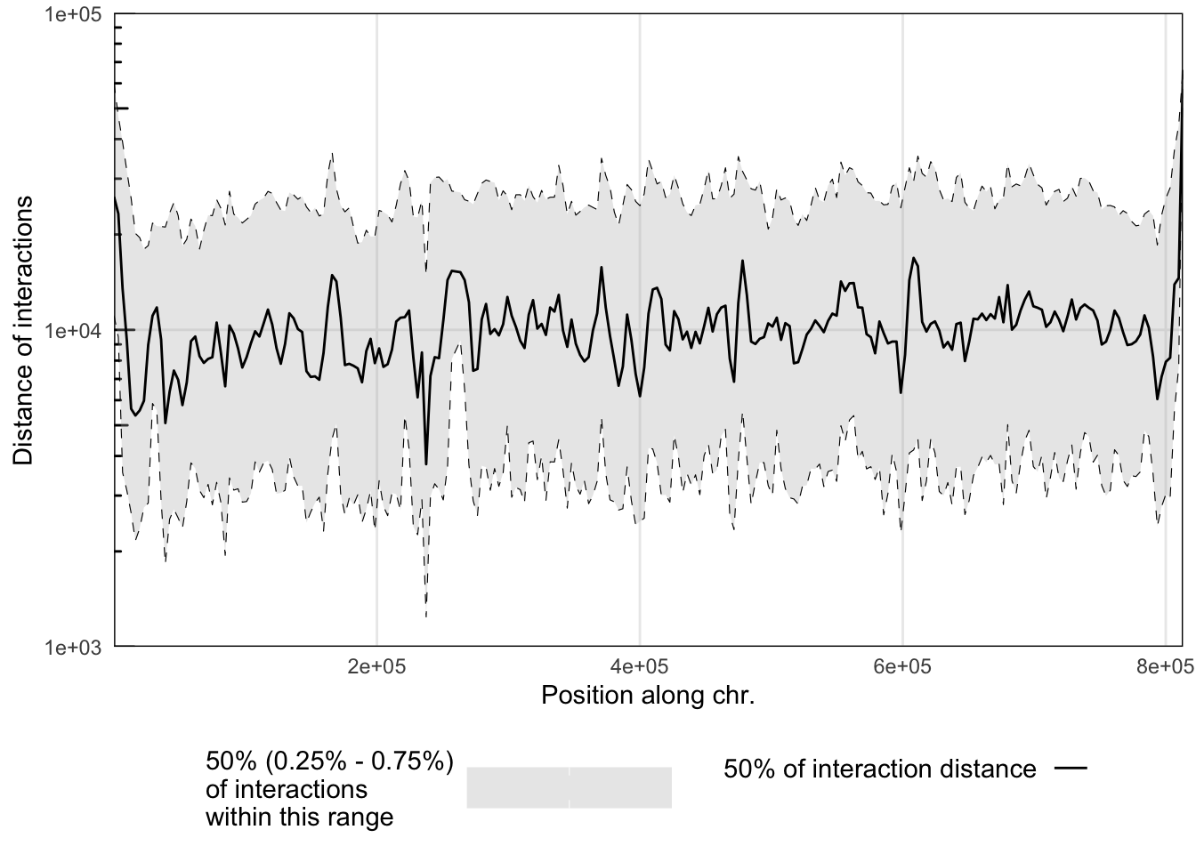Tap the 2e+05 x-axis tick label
pos(376,665)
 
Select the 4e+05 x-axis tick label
pos(639,665)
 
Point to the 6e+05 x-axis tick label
pos(902,665)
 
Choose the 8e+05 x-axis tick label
pos(1164,665)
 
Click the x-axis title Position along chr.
pos(648,695)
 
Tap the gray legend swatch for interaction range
pos(569,787)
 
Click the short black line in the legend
pos(1071,769)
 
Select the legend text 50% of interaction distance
pos(879,769)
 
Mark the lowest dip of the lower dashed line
pos(426,615)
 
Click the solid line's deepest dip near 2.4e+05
pos(426,463)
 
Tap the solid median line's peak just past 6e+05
pos(913,259)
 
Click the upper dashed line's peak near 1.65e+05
pos(332,153)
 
